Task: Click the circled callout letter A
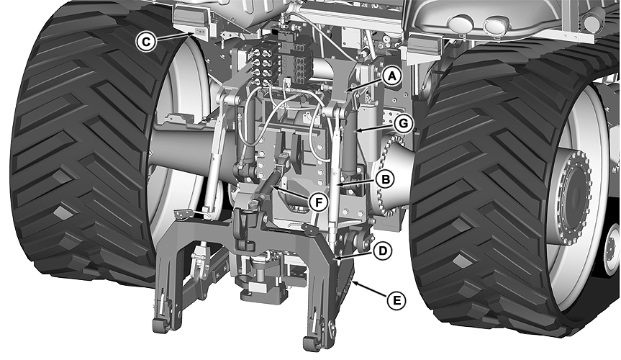coord(391,76)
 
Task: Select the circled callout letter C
coord(145,41)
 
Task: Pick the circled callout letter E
coord(396,300)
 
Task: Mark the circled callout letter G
coord(403,124)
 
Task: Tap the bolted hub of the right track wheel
coord(571,194)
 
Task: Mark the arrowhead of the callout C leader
coord(191,35)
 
